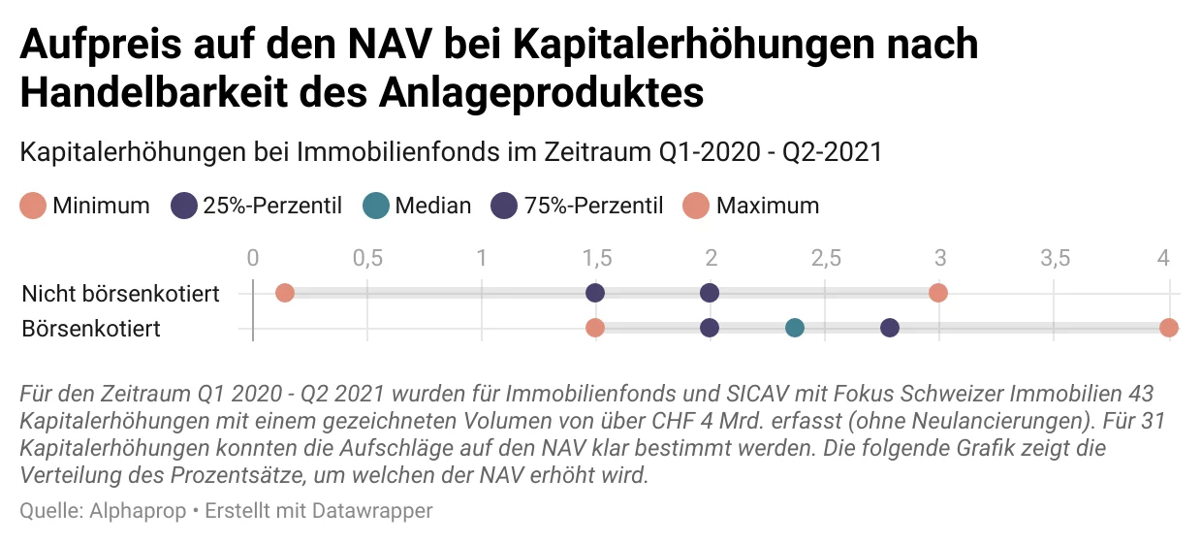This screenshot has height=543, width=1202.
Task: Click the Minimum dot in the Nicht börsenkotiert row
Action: (x=284, y=293)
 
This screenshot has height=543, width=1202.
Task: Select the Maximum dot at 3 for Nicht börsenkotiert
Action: (x=937, y=293)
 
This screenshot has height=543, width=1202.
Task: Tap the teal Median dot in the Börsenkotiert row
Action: (x=795, y=328)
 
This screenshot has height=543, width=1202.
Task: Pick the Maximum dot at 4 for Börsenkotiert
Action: (x=1168, y=328)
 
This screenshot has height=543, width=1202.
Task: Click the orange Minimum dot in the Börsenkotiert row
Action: (x=595, y=328)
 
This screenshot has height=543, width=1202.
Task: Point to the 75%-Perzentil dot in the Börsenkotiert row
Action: (x=889, y=328)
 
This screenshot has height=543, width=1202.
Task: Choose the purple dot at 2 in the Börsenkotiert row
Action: (x=710, y=328)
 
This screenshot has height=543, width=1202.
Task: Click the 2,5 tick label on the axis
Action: (x=825, y=258)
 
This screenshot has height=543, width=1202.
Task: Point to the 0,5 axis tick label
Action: (x=366, y=258)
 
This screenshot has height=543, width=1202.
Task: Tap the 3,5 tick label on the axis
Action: (x=1054, y=258)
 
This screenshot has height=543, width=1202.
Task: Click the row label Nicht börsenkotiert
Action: (x=120, y=293)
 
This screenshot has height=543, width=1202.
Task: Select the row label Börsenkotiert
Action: (x=91, y=329)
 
